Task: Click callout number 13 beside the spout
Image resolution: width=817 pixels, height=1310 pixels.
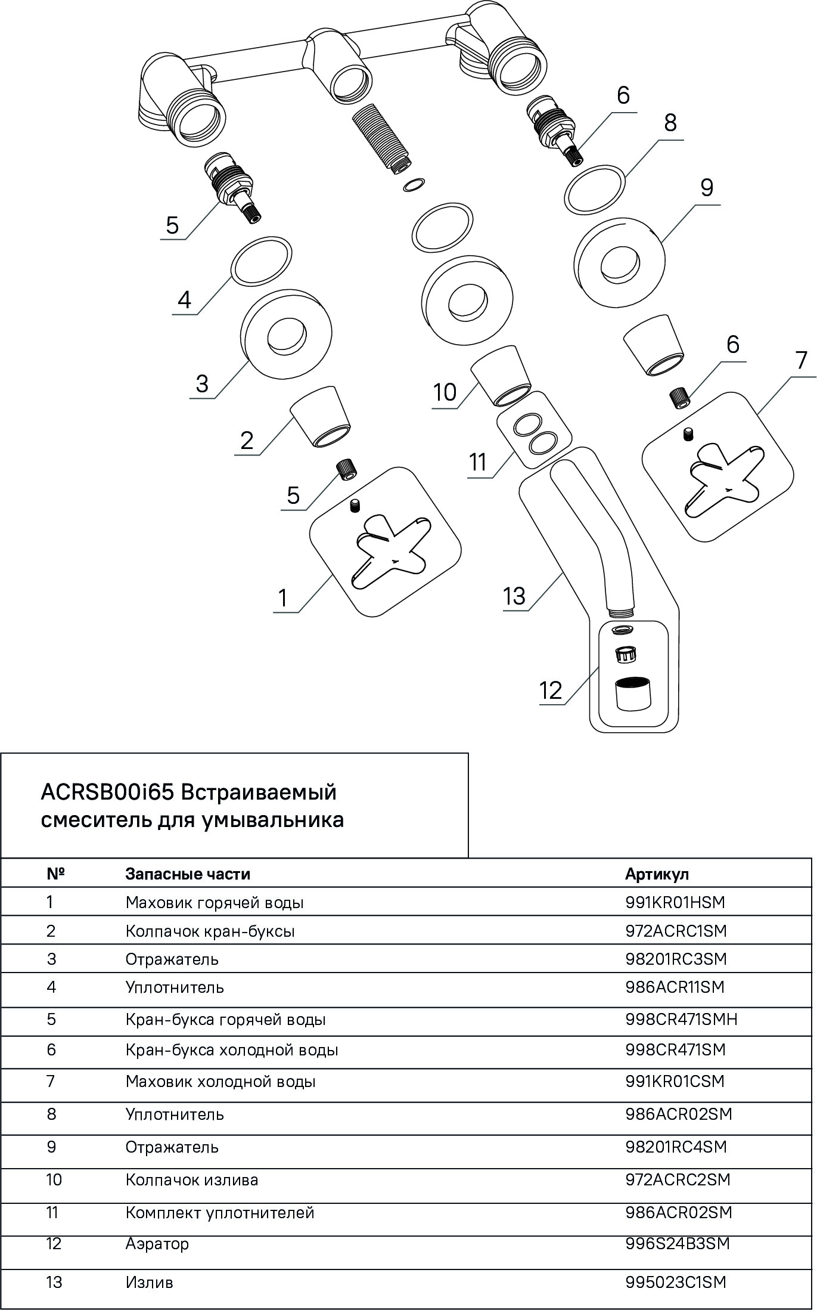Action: tap(514, 595)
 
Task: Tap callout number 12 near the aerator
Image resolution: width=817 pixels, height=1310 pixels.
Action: tap(551, 690)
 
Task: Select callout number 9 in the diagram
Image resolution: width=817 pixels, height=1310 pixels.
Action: tap(706, 188)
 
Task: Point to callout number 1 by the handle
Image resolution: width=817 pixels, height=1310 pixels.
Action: tap(283, 597)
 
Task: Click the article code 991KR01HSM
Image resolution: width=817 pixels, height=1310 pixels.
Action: tap(675, 902)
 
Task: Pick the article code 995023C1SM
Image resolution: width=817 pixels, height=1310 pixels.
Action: tap(676, 1282)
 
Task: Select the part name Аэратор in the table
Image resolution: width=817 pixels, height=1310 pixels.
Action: tap(157, 1243)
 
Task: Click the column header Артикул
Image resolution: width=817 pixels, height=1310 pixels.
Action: tap(657, 874)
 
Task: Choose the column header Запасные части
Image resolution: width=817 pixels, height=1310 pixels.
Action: tap(188, 874)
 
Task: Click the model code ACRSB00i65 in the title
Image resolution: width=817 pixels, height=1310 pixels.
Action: tap(107, 792)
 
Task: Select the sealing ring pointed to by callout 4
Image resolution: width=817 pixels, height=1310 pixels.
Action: tap(262, 262)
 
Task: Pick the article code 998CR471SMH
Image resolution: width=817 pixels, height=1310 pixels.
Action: tap(681, 1019)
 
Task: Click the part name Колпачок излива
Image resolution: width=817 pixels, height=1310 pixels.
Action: tap(192, 1180)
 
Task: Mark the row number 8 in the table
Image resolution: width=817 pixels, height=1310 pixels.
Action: tap(51, 1114)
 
